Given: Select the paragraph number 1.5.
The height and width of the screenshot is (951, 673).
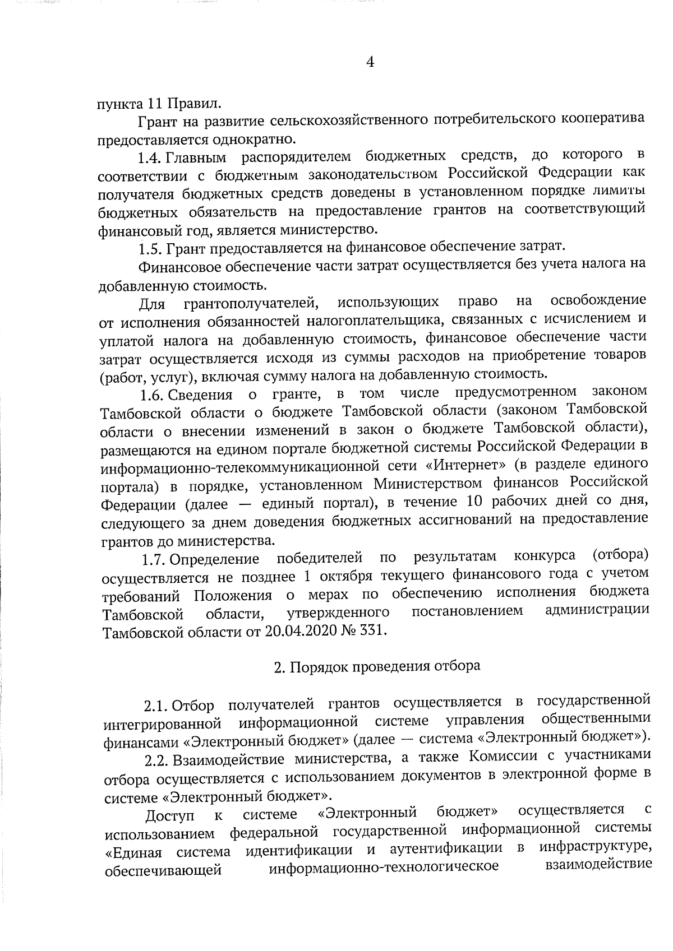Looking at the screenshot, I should point(151,248).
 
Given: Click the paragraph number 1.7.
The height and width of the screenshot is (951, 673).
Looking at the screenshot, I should point(154,559).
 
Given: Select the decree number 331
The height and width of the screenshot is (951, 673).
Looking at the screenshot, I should point(374,631).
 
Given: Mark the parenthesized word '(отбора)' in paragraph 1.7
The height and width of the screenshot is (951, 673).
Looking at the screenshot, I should point(620,555).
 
